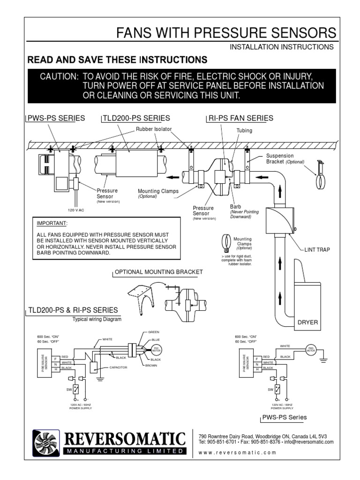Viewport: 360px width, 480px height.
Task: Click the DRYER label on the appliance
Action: click(307, 322)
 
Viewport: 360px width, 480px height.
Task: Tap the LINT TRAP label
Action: click(318, 250)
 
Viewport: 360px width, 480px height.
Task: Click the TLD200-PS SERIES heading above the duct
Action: click(136, 118)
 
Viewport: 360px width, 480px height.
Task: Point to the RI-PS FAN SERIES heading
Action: click(240, 118)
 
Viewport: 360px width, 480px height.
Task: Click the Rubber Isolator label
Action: click(154, 129)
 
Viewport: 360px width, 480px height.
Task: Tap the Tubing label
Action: click(244, 131)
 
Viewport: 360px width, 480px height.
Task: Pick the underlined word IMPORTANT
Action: click(52, 223)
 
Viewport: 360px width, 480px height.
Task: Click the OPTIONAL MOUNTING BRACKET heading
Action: click(159, 272)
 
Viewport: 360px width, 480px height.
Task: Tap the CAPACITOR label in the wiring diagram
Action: click(118, 367)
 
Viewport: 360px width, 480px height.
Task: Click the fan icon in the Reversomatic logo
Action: click(45, 442)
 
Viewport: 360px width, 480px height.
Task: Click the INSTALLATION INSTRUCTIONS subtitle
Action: click(281, 47)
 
